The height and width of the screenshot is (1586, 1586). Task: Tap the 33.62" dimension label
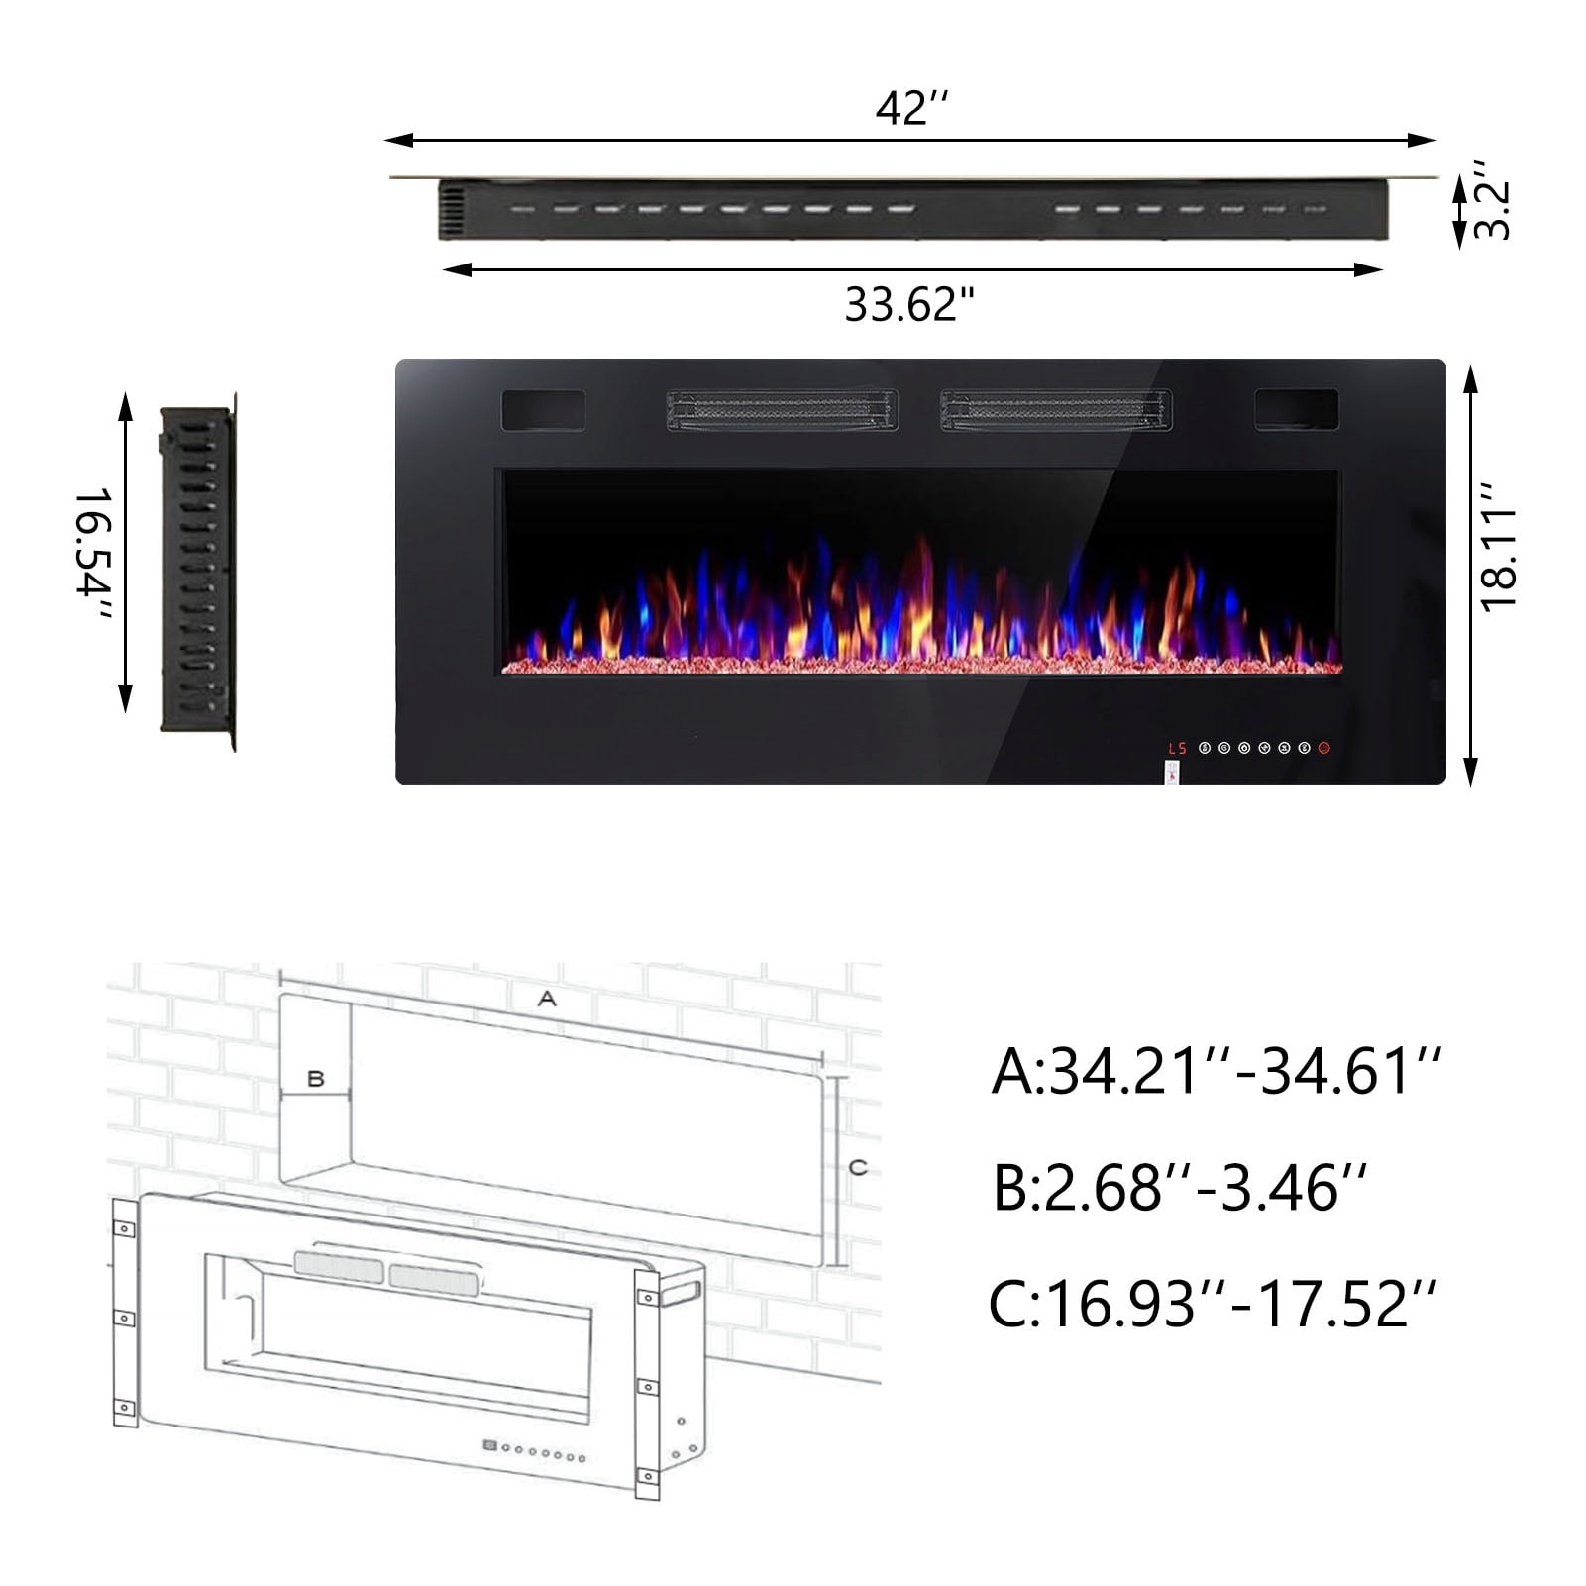point(909,304)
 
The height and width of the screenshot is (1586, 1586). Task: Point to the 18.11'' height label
point(1499,560)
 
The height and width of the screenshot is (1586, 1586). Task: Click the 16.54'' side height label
point(93,556)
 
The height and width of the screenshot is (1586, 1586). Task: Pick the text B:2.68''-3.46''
point(1180,1187)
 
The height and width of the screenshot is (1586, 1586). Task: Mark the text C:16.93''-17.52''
point(1213,1303)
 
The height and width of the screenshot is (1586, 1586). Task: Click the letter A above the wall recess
point(547,1000)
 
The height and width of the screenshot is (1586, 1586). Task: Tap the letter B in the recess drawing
point(316,1078)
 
